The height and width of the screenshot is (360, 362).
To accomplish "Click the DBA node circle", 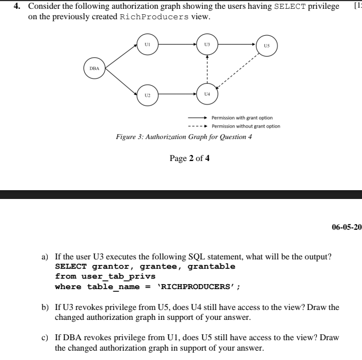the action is [x=94, y=68].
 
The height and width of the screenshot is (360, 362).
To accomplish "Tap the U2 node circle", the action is [x=147, y=95].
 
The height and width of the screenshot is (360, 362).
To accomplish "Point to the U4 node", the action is [x=207, y=95].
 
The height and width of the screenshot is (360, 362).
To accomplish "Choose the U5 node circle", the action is [x=267, y=46].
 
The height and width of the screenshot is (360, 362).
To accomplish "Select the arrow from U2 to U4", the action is [x=177, y=95].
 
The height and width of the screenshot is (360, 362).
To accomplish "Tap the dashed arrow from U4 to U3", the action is [x=207, y=69].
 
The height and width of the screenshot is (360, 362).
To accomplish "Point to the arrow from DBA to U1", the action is [x=120, y=56].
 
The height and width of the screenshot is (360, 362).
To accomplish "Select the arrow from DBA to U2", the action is [x=120, y=81].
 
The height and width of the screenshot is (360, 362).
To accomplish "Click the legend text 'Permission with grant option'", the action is [x=242, y=118].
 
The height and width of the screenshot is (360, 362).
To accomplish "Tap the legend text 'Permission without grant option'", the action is [x=246, y=126].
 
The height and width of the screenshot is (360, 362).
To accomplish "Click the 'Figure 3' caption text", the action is [x=184, y=136].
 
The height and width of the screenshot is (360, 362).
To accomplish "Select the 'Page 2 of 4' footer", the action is [x=190, y=158].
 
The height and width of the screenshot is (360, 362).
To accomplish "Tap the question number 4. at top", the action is [x=17, y=6].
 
